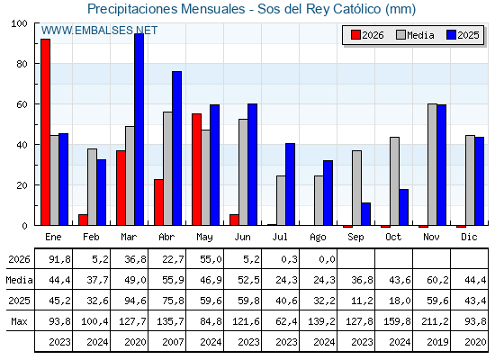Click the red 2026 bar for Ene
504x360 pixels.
[x=45, y=132]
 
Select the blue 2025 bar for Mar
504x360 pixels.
[x=139, y=130]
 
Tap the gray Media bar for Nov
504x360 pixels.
[x=432, y=165]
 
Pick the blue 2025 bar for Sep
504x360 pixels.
[x=365, y=214]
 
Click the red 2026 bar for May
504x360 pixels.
[x=197, y=169]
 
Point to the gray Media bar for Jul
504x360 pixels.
[x=281, y=201]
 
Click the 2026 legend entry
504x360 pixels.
[x=367, y=35]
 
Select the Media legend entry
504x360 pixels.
[x=415, y=35]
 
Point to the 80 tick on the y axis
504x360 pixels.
[x=22, y=64]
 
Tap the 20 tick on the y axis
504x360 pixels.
[x=22, y=185]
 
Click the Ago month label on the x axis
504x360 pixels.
[x=318, y=238]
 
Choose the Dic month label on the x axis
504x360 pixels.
[x=469, y=237]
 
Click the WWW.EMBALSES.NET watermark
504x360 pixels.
[x=99, y=31]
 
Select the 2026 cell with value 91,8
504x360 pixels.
[x=59, y=259]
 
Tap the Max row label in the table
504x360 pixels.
[x=19, y=321]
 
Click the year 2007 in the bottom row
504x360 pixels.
[x=173, y=342]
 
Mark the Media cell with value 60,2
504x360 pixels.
[x=437, y=280]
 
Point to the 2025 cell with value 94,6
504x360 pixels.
[x=135, y=301]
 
